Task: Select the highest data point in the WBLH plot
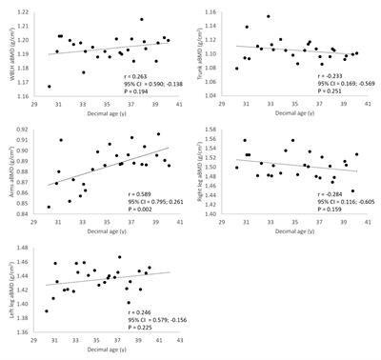142,19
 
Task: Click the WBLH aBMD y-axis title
7,47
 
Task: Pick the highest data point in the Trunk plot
269,16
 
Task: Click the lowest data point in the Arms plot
49,206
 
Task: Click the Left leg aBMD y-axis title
7,285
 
